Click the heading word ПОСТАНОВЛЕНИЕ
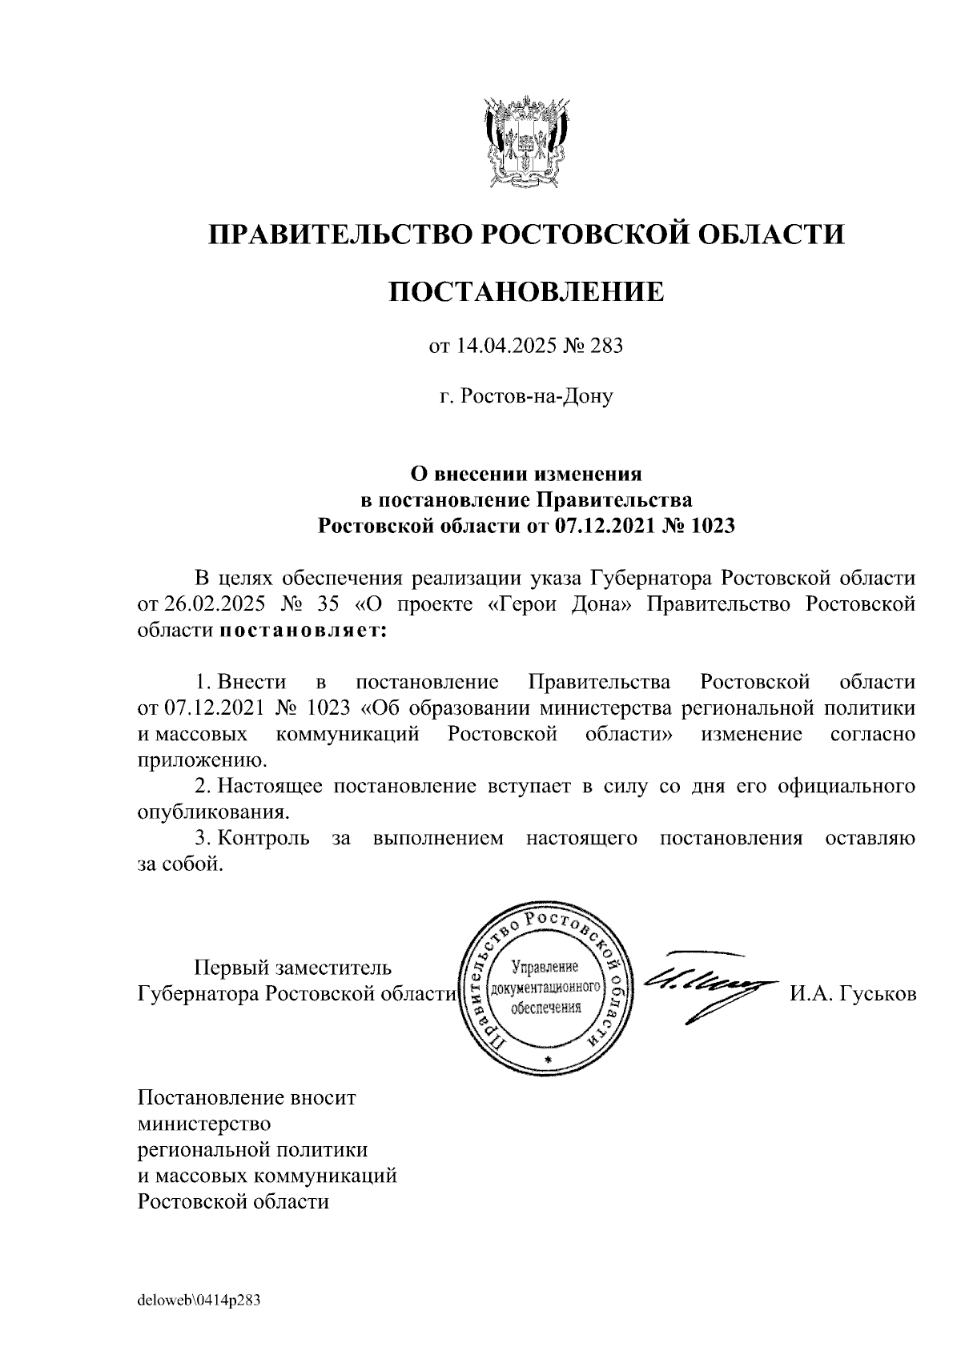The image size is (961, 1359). pos(526,292)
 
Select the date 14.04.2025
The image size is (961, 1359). pos(507,347)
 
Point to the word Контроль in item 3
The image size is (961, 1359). pos(265,838)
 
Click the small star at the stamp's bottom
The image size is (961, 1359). pos(549,1060)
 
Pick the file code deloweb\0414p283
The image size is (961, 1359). pos(199,1301)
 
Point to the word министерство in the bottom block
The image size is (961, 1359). pos(204,1124)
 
